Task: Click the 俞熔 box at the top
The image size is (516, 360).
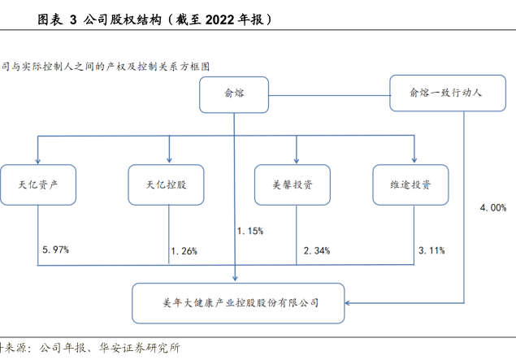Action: click(x=234, y=94)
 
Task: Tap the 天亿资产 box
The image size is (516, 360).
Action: click(x=38, y=184)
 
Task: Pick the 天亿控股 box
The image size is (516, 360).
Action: click(x=168, y=184)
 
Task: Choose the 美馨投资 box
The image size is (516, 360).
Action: click(x=295, y=184)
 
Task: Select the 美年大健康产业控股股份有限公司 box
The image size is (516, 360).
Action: click(x=239, y=302)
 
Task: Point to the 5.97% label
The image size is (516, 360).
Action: click(x=55, y=249)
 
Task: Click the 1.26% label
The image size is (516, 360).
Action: click(x=184, y=251)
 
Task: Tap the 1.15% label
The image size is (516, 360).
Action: click(x=249, y=232)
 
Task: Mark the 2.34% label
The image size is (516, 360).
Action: click(x=316, y=251)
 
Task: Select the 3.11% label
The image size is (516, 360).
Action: click(x=431, y=251)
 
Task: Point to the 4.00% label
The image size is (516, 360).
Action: click(x=493, y=208)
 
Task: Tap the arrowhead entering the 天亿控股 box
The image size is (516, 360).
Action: click(x=168, y=160)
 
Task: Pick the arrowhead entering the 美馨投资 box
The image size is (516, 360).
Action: click(x=296, y=160)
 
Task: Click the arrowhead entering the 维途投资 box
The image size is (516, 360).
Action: click(x=414, y=160)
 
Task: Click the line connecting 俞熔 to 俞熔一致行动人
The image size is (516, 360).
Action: click(x=329, y=94)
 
